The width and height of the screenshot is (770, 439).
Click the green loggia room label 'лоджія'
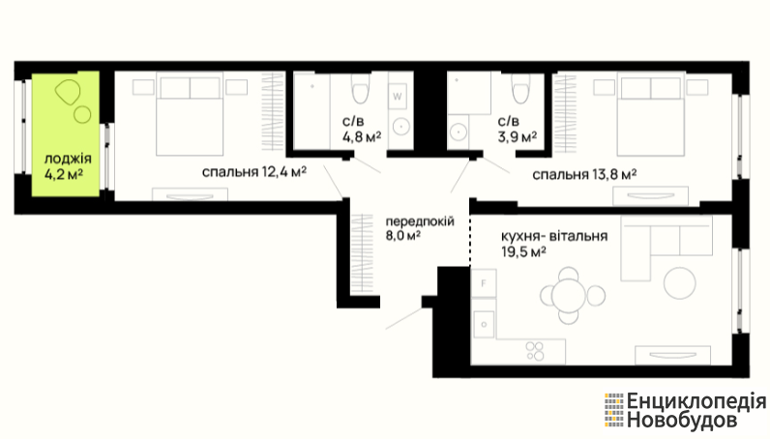(68, 159)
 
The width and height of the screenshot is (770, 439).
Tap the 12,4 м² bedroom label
(254, 172)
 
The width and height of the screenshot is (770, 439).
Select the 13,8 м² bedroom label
(585, 174)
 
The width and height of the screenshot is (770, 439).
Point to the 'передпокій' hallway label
(420, 221)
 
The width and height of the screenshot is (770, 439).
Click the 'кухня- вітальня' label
(554, 236)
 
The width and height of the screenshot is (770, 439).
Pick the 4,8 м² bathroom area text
(362, 136)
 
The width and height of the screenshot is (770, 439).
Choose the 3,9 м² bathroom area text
(518, 136)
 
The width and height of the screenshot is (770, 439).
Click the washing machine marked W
(398, 97)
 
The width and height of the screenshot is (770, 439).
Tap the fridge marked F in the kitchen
(484, 283)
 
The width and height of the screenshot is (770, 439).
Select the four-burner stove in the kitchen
(535, 351)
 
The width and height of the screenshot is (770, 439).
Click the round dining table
(569, 296)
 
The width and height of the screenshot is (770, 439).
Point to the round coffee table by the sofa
(680, 283)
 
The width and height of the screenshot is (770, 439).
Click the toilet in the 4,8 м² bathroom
(360, 89)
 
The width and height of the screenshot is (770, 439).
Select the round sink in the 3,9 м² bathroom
(459, 132)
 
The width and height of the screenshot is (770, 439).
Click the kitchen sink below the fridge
(485, 324)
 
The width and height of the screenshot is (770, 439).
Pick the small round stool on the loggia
(82, 115)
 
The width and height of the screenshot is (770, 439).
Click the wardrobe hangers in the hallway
(362, 254)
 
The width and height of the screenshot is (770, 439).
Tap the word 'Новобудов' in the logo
(682, 421)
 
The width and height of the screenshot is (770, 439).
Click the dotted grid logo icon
(614, 410)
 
